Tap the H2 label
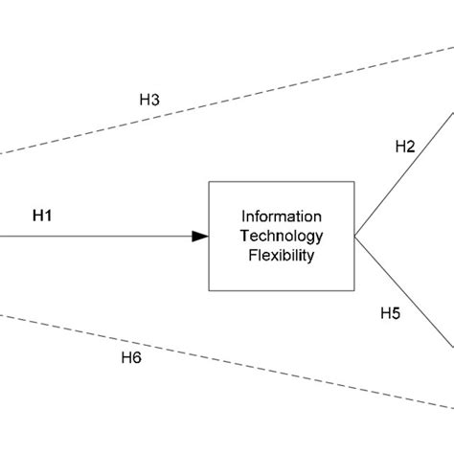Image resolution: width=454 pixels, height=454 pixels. point(405,147)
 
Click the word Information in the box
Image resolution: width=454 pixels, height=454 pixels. point(282,216)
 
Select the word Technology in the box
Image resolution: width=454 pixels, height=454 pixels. point(282,236)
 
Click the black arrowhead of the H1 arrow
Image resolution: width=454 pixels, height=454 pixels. point(199,237)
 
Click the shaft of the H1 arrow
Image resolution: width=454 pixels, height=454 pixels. point(96,237)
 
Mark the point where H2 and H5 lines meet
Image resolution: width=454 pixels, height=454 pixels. point(355,236)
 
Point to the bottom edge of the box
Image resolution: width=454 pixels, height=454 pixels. point(282,289)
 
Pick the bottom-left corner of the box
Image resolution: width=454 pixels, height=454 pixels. point(210,289)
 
